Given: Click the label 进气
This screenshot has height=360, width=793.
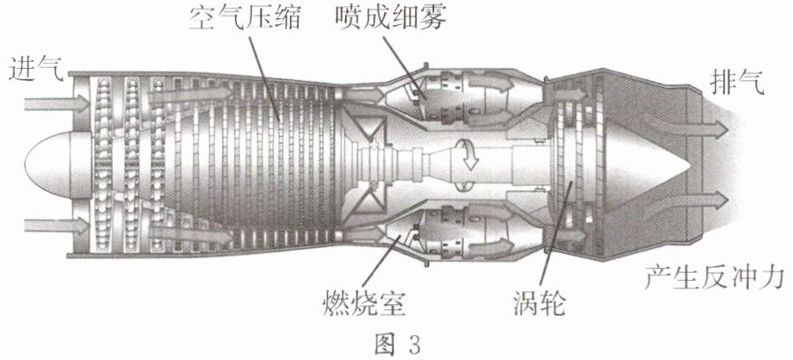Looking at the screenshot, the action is (x=36, y=71).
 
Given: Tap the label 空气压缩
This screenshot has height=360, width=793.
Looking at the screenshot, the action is (x=245, y=19).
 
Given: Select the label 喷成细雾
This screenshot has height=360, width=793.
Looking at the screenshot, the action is (x=391, y=18).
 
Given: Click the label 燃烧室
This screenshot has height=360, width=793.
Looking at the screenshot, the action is (x=364, y=302).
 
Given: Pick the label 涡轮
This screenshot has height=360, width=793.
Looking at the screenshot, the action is (x=539, y=302).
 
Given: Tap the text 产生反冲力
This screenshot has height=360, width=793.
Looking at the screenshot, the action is (x=715, y=277).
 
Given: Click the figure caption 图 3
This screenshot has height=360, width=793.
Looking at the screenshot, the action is (x=398, y=344).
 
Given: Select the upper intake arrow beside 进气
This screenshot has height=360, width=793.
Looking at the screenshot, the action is (x=57, y=103).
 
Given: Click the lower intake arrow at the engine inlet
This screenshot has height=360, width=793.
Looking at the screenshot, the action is (x=57, y=225).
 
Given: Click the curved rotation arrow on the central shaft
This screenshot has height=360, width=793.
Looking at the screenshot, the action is (x=468, y=155).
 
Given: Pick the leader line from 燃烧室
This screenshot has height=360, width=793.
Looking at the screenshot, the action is (x=381, y=261).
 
